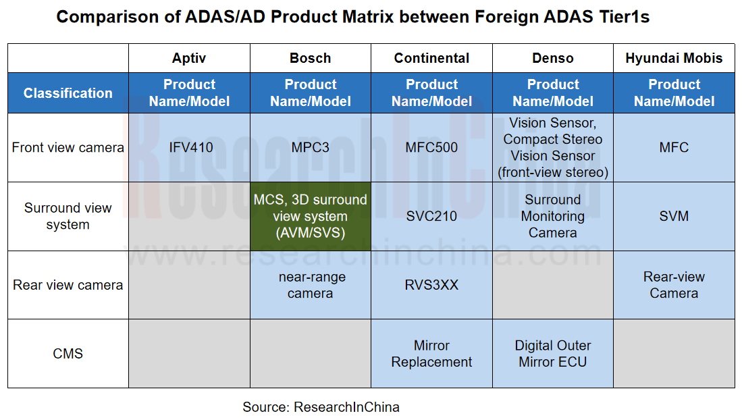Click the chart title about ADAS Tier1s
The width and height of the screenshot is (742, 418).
coord(352,17)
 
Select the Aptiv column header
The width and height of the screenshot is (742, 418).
coord(189,58)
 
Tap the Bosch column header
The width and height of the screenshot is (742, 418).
coord(310,58)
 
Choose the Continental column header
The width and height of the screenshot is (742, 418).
coord(431,58)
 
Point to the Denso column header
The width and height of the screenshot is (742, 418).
coord(552,58)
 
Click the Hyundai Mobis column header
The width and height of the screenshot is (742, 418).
coord(674,58)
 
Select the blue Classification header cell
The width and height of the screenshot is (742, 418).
coord(68,93)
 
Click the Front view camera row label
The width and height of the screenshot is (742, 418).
coord(68,147)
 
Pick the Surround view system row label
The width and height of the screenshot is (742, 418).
coord(68,216)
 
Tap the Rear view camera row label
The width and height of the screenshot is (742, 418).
coord(68,285)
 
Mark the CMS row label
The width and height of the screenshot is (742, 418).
coord(68,353)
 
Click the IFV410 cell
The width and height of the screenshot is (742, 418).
coord(189,147)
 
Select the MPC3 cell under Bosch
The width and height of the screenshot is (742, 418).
coord(310,147)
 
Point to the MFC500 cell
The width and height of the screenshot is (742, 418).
coord(431,147)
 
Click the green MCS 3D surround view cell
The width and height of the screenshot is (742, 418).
coord(310,216)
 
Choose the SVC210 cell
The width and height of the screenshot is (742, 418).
coord(431,216)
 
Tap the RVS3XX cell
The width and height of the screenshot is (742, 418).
coord(431,285)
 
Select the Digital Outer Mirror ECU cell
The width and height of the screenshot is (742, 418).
coord(552,353)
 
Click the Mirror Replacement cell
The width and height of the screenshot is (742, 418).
coord(431,353)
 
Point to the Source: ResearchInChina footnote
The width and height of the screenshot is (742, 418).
coord(321,407)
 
